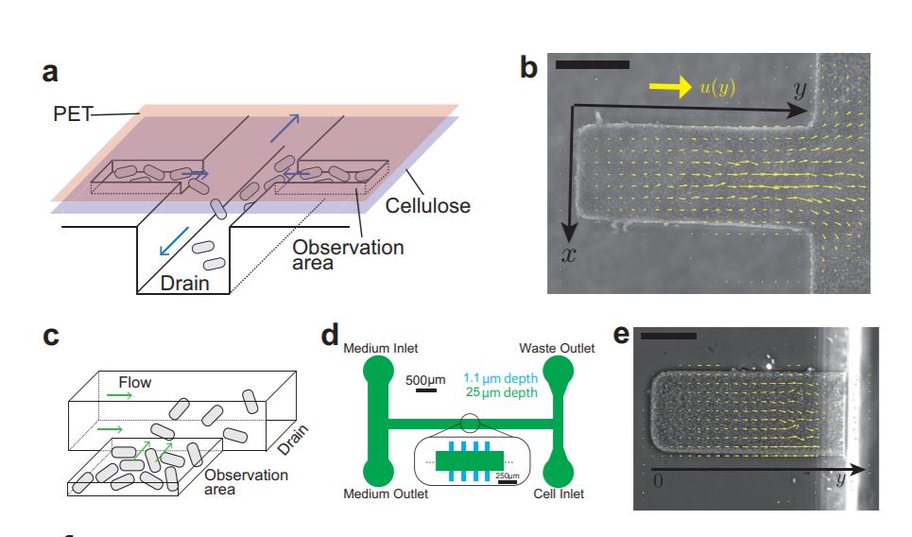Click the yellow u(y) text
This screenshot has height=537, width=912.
point(718,87)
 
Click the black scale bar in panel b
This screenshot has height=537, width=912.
point(592,64)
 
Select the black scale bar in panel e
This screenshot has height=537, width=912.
point(668,335)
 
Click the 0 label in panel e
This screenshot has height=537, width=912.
point(656,480)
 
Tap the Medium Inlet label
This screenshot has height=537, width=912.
point(381,348)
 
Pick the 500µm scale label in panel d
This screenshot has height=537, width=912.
point(425,380)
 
